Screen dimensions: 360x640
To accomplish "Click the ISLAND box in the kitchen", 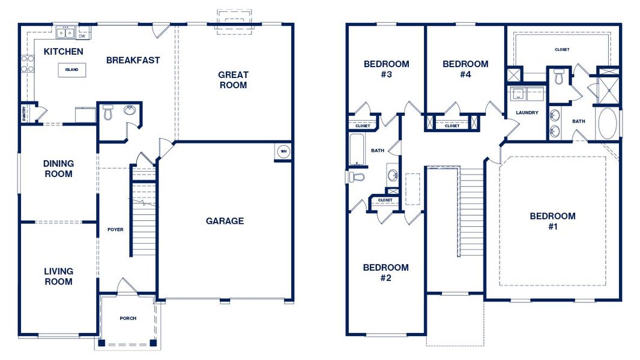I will pyautogui.click(x=71, y=70).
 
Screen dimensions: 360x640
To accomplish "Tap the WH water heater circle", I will pyautogui.click(x=282, y=152).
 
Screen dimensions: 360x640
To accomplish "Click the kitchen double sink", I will pyautogui.click(x=65, y=31).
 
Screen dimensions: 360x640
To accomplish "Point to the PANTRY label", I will pyautogui.click(x=24, y=113).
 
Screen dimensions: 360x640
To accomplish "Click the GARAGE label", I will pyautogui.click(x=225, y=221).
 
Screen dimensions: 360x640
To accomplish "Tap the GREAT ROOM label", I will pyautogui.click(x=232, y=80).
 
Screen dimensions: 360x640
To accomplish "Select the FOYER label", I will pyautogui.click(x=115, y=230).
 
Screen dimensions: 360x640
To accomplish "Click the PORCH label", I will pyautogui.click(x=128, y=318).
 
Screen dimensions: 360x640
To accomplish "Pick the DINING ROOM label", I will pyautogui.click(x=58, y=169).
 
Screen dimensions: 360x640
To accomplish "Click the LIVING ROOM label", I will pyautogui.click(x=58, y=277).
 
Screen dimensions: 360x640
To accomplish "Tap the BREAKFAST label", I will pyautogui.click(x=133, y=60).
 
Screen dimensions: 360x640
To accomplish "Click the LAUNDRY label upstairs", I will pyautogui.click(x=527, y=113).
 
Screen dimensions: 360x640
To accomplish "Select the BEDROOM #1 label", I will pyautogui.click(x=552, y=221).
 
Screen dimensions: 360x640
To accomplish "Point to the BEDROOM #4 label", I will pyautogui.click(x=465, y=69).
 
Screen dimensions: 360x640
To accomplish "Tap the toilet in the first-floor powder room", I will pyautogui.click(x=108, y=112).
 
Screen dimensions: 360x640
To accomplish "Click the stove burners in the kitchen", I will pyautogui.click(x=27, y=64).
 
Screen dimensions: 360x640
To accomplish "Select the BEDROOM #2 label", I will pyautogui.click(x=385, y=272).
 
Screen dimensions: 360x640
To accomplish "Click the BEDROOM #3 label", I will pyautogui.click(x=387, y=69).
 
